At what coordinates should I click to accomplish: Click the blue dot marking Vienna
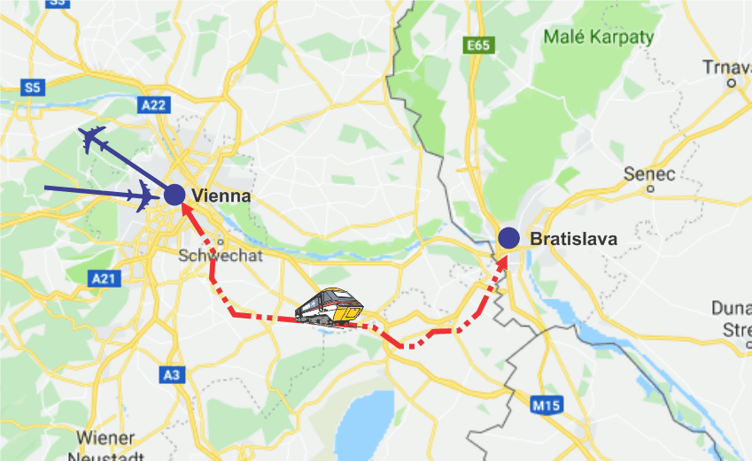[174, 195]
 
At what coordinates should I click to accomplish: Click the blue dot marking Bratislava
[508, 237]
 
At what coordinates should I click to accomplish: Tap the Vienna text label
[221, 196]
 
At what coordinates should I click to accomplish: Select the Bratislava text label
[572, 239]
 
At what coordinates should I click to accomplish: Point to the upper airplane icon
[93, 139]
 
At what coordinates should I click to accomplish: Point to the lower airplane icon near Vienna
[143, 195]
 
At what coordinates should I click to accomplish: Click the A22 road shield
[153, 104]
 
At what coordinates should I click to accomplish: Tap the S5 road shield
[33, 87]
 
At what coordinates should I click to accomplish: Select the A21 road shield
[104, 278]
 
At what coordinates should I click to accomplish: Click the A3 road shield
[173, 375]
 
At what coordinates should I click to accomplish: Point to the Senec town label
[649, 173]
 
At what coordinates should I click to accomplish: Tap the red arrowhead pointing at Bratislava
[502, 259]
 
